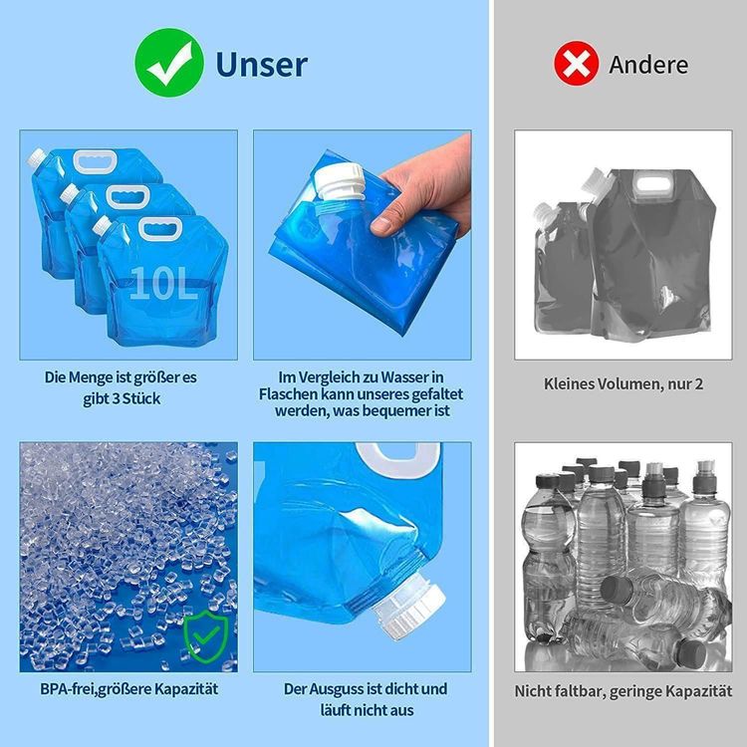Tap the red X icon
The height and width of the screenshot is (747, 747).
575,65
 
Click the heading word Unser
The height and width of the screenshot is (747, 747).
262,65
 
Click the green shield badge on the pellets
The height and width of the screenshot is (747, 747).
206,634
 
